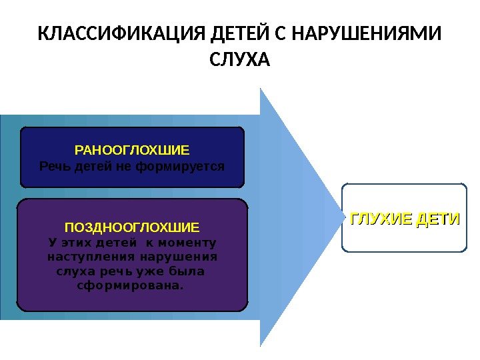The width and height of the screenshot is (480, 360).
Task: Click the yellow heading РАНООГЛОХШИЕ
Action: (x=132, y=151)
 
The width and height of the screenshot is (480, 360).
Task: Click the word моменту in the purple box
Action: (x=188, y=242)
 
